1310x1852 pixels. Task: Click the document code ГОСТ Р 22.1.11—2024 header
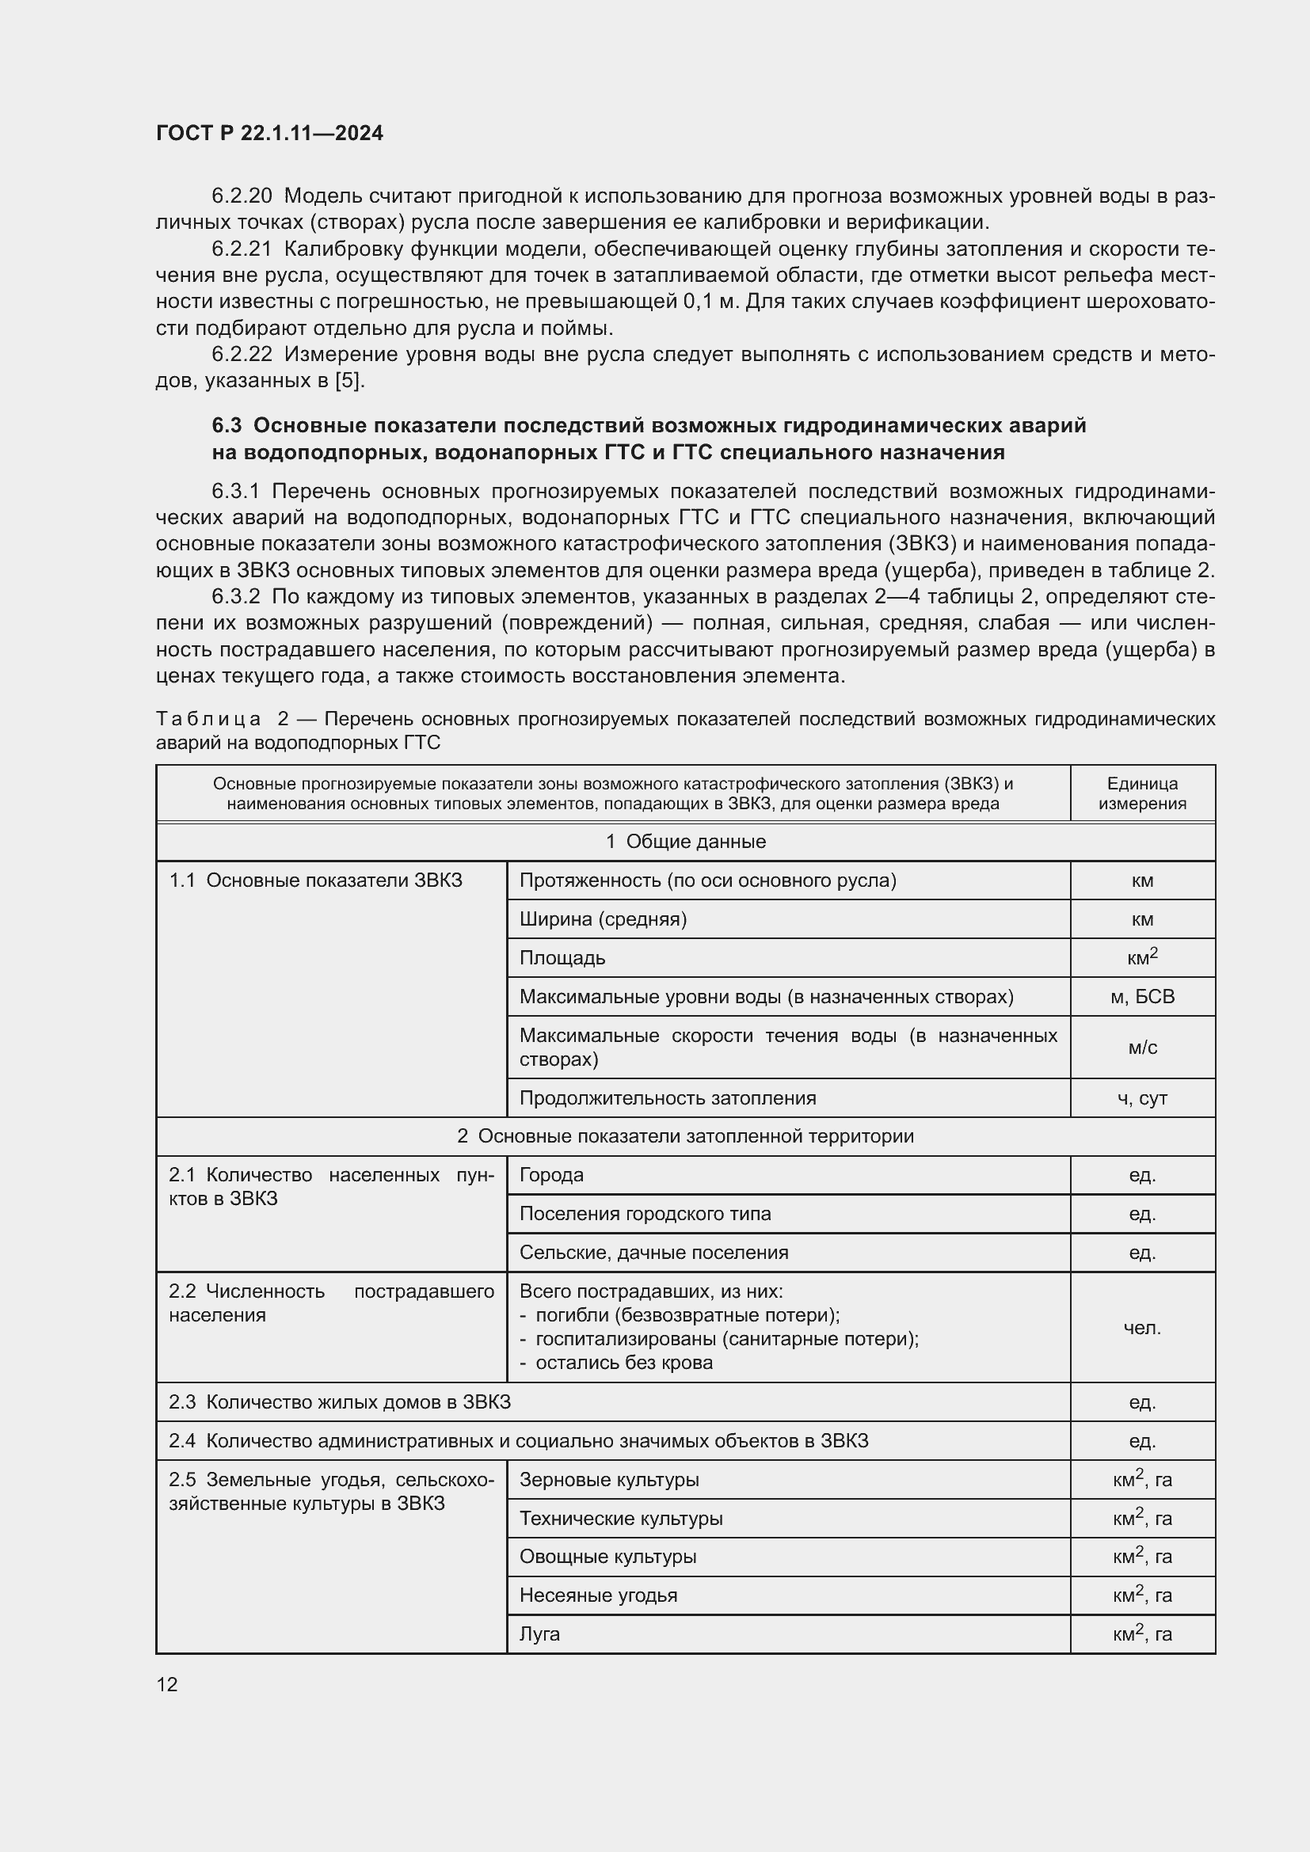click(x=269, y=133)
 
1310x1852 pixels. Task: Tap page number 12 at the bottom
click(x=167, y=1684)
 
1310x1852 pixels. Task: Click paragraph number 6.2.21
click(x=242, y=249)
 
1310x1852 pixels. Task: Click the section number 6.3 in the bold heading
click(x=227, y=425)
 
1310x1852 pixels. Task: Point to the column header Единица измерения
click(x=1141, y=793)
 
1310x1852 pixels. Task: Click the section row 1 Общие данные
click(x=685, y=842)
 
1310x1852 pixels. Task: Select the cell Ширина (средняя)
click(x=603, y=918)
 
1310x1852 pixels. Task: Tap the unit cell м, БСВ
click(x=1141, y=996)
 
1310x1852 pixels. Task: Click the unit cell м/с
click(x=1141, y=1047)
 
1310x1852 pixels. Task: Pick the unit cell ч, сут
click(x=1141, y=1097)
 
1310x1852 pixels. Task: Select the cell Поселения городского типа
click(x=645, y=1213)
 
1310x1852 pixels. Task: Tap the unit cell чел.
click(x=1141, y=1327)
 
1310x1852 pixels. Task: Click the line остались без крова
click(x=623, y=1363)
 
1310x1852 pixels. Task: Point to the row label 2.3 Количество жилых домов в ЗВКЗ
click(x=339, y=1402)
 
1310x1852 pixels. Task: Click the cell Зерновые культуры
click(x=608, y=1479)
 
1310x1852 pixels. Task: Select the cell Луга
click(x=539, y=1633)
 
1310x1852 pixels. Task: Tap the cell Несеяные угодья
click(x=598, y=1595)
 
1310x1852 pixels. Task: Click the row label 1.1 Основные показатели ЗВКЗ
click(x=314, y=880)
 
